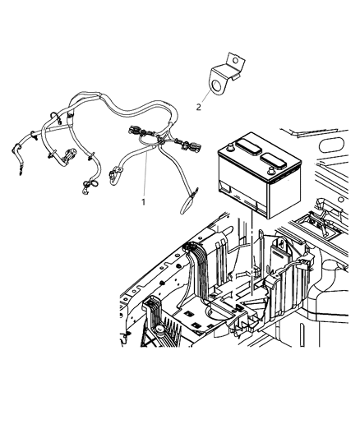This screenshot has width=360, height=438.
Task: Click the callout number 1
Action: pyautogui.click(x=143, y=201)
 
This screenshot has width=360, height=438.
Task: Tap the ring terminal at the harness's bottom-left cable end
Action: pyautogui.click(x=85, y=194)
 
